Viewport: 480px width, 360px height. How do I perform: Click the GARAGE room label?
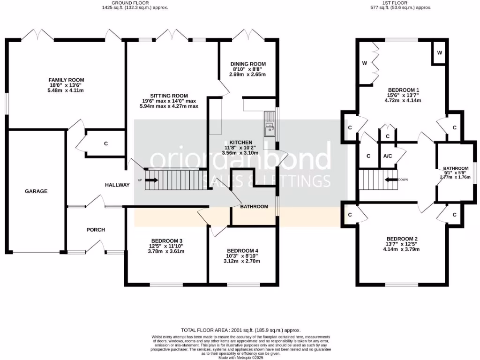click(36, 191)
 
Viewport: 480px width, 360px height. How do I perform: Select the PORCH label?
click(96, 230)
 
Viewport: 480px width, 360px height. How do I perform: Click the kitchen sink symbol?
click(270, 123)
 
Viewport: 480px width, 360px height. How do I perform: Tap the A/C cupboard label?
click(388, 156)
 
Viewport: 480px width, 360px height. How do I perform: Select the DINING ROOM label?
click(248, 64)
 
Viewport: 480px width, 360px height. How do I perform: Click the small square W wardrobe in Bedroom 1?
click(439, 53)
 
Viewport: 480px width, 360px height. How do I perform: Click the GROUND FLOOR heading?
click(136, 2)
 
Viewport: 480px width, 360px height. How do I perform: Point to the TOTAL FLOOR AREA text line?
click(240, 330)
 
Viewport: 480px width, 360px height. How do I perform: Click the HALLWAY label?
click(117, 185)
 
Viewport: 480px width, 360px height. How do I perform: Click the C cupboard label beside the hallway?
click(106, 143)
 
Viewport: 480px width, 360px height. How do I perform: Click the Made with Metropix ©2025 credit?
click(240, 358)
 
